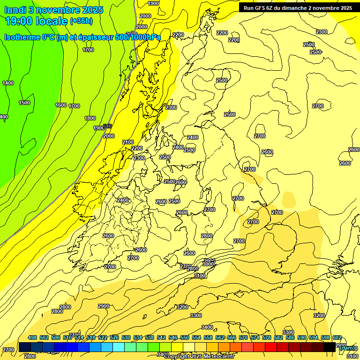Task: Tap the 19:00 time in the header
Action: point(21,21)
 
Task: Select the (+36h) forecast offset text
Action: point(81,21)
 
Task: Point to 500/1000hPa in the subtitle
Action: point(141,37)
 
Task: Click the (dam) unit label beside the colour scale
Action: point(346,348)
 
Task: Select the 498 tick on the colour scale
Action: point(32,338)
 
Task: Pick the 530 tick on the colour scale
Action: point(126,338)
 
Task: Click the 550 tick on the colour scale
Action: point(185,338)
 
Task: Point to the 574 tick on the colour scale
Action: point(255,338)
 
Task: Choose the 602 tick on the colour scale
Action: point(337,338)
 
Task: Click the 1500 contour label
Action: point(24,103)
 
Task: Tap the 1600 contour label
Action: point(61,105)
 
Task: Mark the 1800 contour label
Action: point(90,118)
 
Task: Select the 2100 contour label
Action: point(127,142)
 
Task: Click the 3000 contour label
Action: point(208,264)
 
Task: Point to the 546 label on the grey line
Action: point(107,126)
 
